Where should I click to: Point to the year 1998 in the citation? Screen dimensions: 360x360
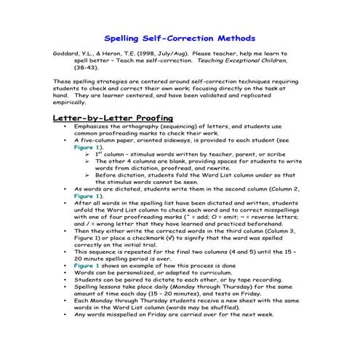pos(137,54)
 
